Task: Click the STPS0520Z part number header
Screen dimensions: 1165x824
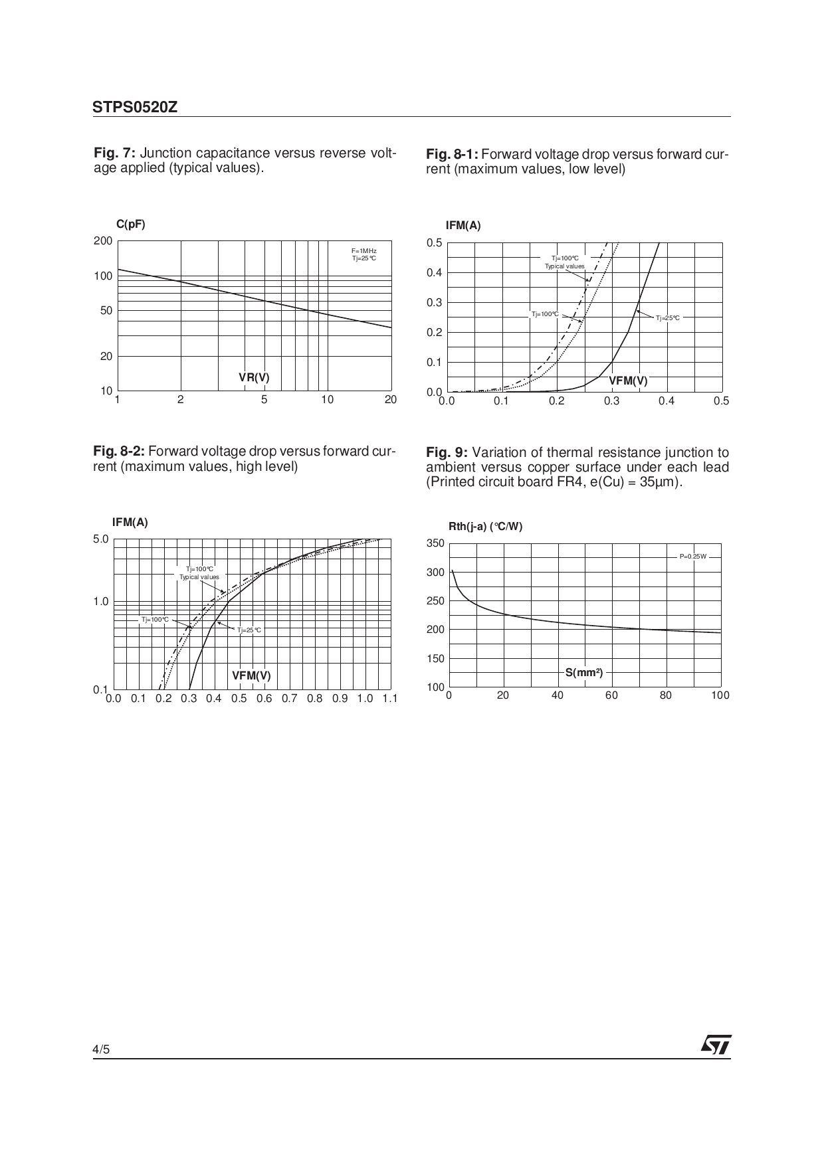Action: (135, 108)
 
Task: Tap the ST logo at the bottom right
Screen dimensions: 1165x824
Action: (715, 1045)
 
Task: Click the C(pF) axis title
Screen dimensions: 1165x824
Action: (130, 224)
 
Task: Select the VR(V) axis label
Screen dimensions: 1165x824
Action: (254, 378)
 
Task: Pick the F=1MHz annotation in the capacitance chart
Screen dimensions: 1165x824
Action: (363, 250)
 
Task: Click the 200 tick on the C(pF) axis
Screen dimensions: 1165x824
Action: (103, 241)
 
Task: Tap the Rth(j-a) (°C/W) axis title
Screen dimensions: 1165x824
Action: (485, 527)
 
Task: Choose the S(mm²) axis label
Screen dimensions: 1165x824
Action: (584, 673)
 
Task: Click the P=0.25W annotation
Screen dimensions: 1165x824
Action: (692, 557)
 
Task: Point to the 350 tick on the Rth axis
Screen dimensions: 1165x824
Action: (435, 543)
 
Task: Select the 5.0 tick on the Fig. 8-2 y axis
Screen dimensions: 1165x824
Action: (100, 539)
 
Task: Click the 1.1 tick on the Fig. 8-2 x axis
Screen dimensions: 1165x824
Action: (389, 699)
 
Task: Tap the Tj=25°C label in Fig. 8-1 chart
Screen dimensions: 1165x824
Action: (667, 318)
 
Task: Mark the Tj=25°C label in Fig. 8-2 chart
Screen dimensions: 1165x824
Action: (249, 630)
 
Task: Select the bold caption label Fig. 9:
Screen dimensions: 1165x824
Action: (447, 452)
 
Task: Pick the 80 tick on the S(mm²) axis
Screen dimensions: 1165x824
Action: (666, 695)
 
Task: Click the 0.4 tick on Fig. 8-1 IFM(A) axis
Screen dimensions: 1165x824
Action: (435, 273)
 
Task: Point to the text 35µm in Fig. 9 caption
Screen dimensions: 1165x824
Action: (663, 482)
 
